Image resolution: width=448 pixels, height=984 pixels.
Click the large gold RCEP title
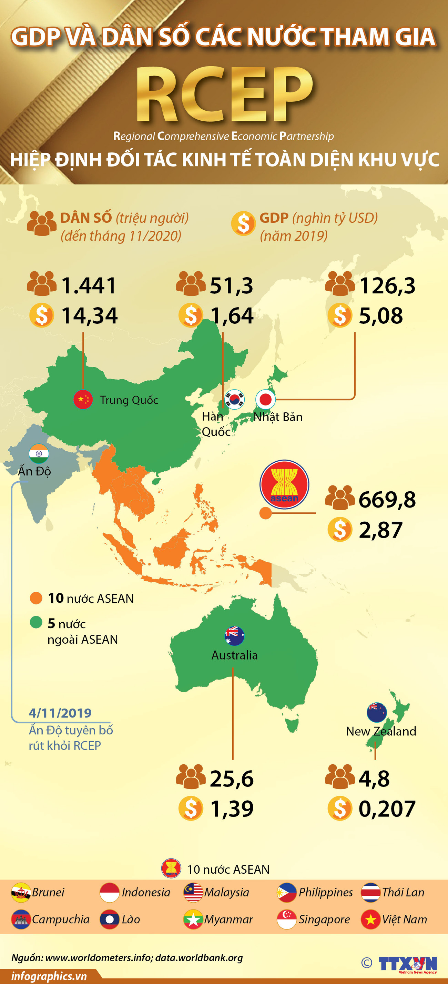[x=225, y=94]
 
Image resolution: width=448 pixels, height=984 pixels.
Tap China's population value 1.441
[x=89, y=286]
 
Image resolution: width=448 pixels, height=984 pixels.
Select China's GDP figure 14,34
[x=89, y=316]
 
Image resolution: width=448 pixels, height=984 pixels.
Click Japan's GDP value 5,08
[x=381, y=316]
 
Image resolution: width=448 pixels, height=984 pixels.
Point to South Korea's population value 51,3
[x=232, y=286]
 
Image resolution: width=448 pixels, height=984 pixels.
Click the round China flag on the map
[x=83, y=400]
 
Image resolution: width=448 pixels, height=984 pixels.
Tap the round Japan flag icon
[x=265, y=400]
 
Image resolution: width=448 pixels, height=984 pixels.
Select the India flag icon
[x=39, y=453]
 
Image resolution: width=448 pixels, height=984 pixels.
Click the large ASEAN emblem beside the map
[x=284, y=484]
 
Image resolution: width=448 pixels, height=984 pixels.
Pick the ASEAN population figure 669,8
[x=387, y=500]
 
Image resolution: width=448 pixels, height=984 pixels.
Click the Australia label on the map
[x=234, y=655]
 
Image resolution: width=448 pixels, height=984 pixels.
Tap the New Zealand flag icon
[x=377, y=712]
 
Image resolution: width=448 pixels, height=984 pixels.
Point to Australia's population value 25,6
[x=232, y=779]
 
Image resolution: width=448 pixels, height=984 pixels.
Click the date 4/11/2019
[x=60, y=713]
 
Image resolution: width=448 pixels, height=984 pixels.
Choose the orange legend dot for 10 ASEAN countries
[x=36, y=598]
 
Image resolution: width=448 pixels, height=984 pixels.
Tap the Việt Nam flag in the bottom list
[x=370, y=920]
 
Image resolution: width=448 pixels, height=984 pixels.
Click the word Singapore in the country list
[x=324, y=920]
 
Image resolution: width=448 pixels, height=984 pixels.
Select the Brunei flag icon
[x=21, y=892]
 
